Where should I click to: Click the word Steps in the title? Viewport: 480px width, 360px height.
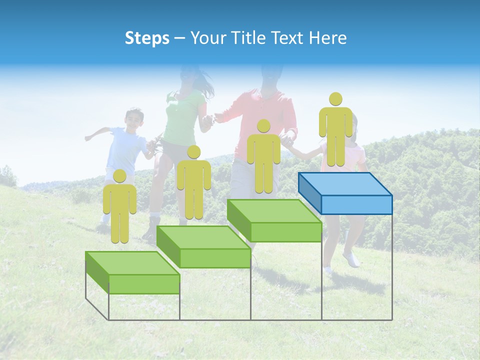pos(147,38)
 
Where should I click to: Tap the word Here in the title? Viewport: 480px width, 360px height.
pos(328,38)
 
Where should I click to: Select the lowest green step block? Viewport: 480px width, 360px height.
pos(132,272)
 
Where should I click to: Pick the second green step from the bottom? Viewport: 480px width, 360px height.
pos(203,246)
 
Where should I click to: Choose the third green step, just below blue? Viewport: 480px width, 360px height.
pos(274,220)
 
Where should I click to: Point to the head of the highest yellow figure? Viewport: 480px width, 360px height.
pos(335,99)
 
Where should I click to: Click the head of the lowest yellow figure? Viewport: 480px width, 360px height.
pos(119,175)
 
